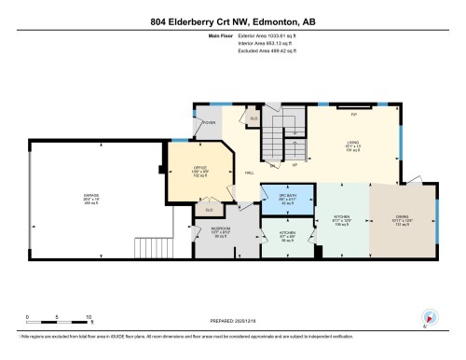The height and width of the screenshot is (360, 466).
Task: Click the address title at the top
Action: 232,21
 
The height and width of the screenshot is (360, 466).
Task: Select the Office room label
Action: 199,171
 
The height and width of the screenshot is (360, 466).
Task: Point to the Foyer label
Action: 210,121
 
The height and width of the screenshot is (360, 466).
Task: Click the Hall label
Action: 251,173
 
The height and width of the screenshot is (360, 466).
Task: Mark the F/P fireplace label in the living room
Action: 353,113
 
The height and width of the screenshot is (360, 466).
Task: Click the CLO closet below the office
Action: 209,210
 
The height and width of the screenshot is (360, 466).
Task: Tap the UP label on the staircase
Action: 294,164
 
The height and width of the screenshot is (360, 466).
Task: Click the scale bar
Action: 58,320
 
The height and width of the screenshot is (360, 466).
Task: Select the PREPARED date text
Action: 233,320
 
